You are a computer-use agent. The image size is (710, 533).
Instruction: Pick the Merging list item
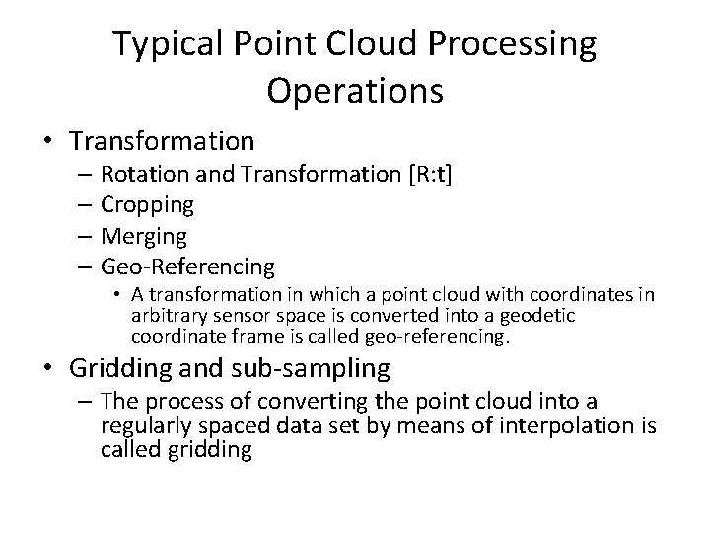tap(143, 236)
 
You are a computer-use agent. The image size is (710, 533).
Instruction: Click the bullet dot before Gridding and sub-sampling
tap(50, 370)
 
